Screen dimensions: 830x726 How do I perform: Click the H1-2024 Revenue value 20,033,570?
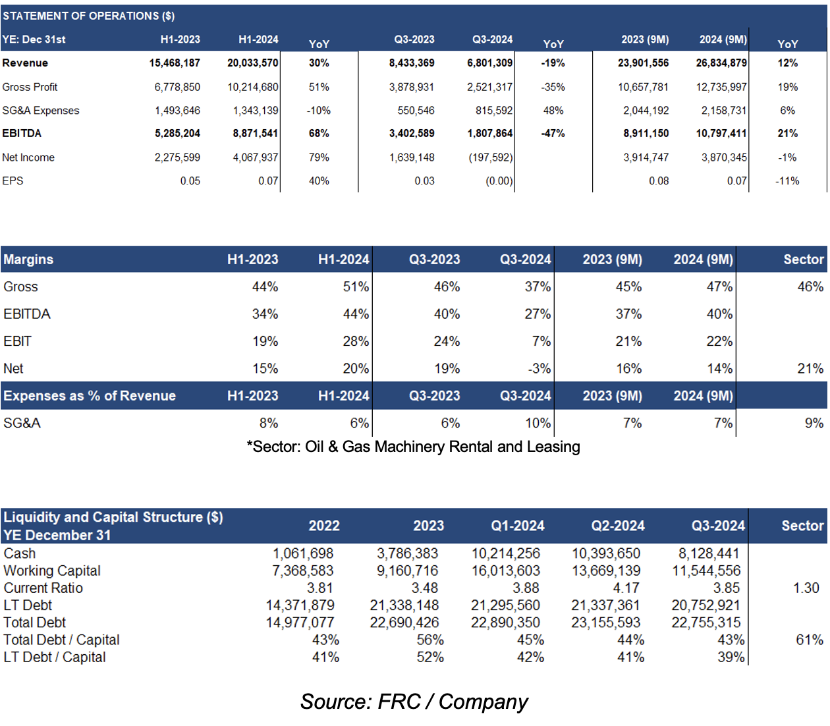click(x=252, y=63)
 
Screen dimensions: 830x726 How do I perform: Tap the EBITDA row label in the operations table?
click(x=22, y=134)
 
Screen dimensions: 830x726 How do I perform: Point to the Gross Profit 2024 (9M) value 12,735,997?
click(x=721, y=87)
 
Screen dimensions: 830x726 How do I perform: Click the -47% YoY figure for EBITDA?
click(x=553, y=134)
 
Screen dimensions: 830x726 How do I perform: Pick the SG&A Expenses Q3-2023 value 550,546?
click(x=416, y=110)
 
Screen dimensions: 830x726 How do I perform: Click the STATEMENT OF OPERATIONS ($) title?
click(x=88, y=16)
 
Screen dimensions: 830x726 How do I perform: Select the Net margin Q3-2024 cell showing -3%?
click(x=539, y=368)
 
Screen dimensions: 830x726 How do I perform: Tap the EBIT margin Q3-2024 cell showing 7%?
click(x=541, y=341)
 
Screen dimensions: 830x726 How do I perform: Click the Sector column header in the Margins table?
click(x=803, y=259)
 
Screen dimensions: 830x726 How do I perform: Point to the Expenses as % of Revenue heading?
click(x=90, y=395)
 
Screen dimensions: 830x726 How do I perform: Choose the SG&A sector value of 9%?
click(x=814, y=423)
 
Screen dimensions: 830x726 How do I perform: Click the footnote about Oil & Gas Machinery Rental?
click(x=414, y=447)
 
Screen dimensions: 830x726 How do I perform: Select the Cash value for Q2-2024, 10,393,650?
click(x=605, y=553)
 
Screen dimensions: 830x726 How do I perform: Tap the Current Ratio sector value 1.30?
click(x=806, y=588)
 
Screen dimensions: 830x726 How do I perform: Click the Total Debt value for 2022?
click(x=300, y=622)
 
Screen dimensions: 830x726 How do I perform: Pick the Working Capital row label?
click(x=51, y=571)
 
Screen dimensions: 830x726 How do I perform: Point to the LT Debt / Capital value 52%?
click(x=430, y=657)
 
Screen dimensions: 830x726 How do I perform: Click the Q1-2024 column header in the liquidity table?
click(x=517, y=526)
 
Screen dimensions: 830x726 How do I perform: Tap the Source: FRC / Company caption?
click(x=414, y=701)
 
